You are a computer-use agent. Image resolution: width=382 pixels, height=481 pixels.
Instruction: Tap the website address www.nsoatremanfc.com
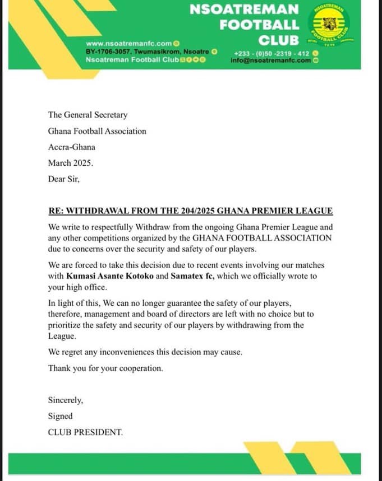[129, 43]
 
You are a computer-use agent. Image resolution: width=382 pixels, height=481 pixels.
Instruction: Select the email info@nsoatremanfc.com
[270, 60]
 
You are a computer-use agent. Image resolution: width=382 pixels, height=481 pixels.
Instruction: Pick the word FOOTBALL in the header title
[259, 25]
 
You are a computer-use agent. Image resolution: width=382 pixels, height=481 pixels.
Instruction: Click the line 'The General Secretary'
[88, 115]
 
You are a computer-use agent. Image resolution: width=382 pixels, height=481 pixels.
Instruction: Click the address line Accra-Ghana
[72, 147]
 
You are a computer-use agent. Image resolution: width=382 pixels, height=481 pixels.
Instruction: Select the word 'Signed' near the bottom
[60, 416]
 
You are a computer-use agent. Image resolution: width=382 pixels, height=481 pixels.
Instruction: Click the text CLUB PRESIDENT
[85, 432]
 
